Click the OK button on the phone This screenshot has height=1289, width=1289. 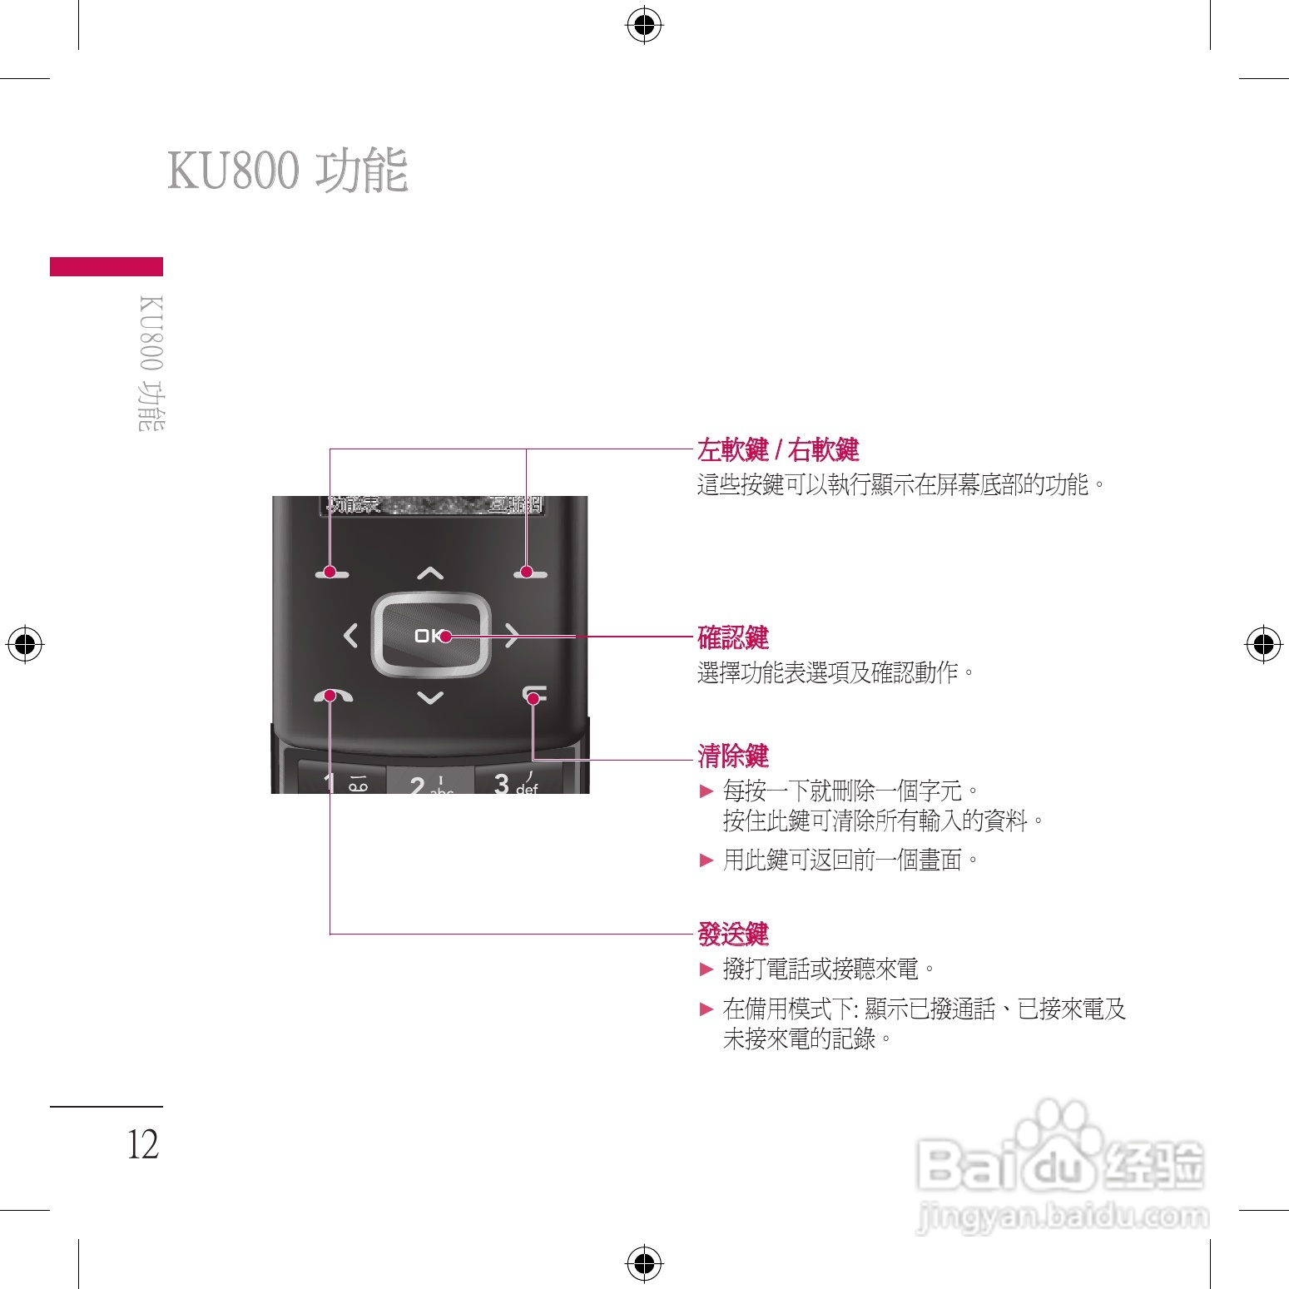430,636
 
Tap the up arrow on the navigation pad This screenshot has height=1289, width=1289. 430,573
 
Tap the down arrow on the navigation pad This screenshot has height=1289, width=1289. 430,697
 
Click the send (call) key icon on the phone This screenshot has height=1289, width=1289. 333,696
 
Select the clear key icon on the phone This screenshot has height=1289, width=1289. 534,694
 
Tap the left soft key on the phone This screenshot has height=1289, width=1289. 332,573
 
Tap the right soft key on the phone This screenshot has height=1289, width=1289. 530,573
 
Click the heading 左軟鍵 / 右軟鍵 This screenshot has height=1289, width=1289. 778,450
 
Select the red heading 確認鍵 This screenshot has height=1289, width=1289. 733,638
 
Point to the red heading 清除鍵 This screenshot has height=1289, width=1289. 733,756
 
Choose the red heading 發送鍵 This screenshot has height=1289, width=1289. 733,935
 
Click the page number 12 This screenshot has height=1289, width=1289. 142,1145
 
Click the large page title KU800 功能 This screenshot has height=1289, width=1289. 288,171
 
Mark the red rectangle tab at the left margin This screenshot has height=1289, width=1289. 107,266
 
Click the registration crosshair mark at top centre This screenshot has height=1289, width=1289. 644,26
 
